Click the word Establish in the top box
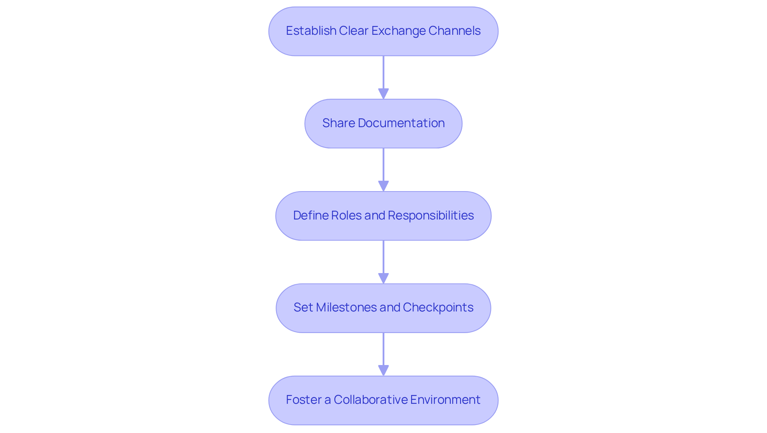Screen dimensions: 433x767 [311, 31]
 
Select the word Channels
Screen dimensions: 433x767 [454, 31]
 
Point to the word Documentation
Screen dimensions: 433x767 [401, 123]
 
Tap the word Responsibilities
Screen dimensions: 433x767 [431, 216]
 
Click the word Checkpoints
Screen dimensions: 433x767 [438, 307]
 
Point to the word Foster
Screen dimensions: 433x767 [304, 400]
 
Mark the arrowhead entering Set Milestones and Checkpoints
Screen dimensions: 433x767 [383, 278]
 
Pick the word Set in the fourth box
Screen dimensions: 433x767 [303, 307]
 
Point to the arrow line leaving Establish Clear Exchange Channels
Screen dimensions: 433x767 [383, 72]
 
